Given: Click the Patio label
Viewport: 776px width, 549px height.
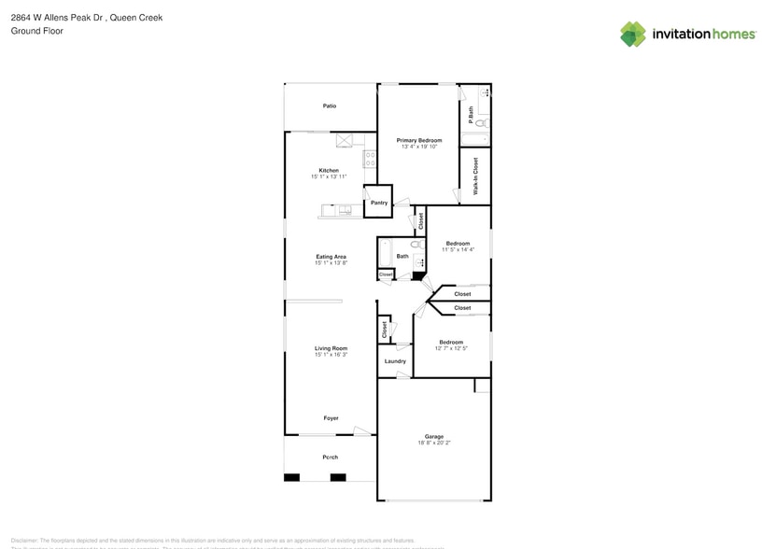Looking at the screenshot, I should point(330,106).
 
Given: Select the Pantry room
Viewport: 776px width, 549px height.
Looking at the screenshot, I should point(379,203).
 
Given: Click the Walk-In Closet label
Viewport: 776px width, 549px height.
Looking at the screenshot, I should point(475,176).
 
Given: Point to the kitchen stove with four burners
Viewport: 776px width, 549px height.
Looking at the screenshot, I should point(370,159).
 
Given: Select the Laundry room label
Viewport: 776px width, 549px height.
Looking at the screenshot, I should point(395,361).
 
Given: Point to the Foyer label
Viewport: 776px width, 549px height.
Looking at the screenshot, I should point(331,418).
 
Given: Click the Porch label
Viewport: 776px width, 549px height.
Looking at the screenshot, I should point(330,457).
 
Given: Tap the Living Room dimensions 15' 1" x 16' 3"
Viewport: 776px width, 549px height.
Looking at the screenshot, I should point(331,355).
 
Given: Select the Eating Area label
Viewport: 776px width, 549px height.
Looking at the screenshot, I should point(331,257).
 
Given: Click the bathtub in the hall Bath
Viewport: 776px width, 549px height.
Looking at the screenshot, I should point(385,253).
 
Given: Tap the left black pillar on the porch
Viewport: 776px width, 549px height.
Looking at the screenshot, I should point(291,477).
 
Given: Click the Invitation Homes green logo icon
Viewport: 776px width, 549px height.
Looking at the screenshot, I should point(633,35).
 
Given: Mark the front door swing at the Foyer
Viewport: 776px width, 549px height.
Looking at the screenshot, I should point(360,430).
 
